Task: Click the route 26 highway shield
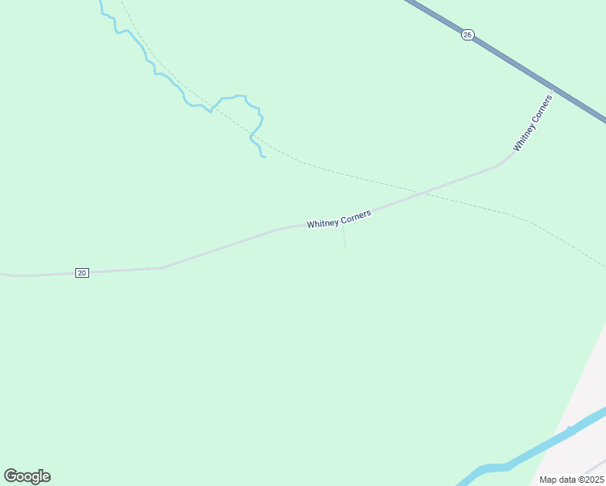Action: click(467, 35)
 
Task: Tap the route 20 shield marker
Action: click(82, 273)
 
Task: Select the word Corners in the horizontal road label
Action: click(356, 215)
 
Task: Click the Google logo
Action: click(27, 476)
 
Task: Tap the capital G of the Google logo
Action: click(11, 476)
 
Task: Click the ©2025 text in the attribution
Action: click(589, 480)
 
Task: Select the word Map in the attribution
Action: click(548, 480)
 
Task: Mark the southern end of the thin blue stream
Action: click(264, 156)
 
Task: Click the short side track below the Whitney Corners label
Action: click(344, 237)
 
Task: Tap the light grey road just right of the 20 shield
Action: click(122, 270)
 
